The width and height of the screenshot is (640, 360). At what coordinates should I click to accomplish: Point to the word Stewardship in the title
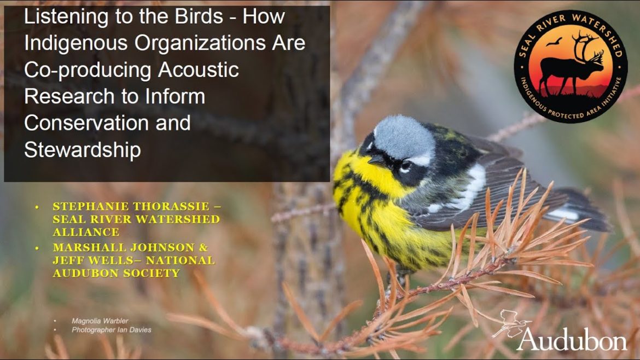83,150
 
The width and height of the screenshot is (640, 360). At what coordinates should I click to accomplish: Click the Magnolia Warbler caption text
100,321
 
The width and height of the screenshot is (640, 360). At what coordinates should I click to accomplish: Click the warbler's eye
405,165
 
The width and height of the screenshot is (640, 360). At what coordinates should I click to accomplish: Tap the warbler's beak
376,160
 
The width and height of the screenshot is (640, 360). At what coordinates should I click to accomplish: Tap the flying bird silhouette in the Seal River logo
554,42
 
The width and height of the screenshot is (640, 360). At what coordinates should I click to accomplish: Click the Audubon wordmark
572,339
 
